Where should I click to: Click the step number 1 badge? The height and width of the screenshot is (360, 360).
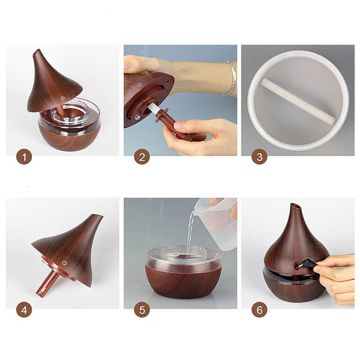pos(24,157)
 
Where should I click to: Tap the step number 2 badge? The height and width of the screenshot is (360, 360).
pos(142,157)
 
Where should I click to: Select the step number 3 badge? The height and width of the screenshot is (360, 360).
pos(259,157)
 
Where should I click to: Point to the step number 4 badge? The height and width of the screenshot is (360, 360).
pos(24,310)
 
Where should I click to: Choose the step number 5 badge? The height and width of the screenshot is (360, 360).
pos(142,310)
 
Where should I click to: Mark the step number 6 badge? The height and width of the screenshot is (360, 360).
pos(259,310)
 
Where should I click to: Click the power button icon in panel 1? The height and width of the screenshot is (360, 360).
pos(63,98)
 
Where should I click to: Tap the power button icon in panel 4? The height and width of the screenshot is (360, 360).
pos(65,263)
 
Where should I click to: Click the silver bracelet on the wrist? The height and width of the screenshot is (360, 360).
pos(231,79)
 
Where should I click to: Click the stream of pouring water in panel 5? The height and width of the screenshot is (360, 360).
pos(191,231)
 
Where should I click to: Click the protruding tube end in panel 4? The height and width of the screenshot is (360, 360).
pos(40,293)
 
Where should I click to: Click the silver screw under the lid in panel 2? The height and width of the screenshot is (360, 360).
pos(137,118)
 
